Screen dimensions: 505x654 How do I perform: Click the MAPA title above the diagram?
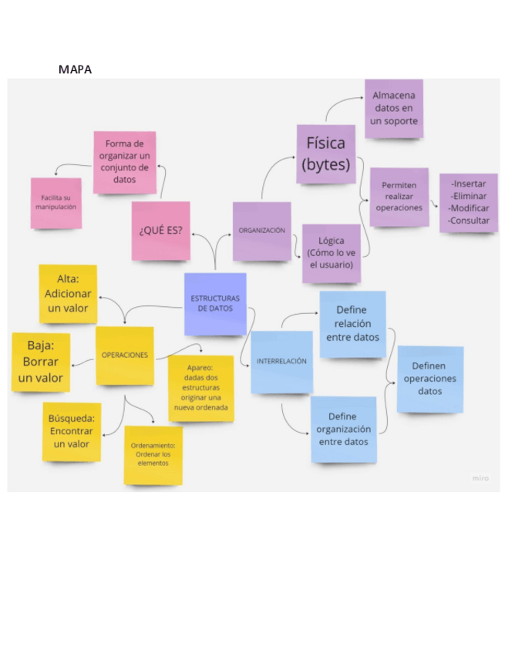[x=75, y=69]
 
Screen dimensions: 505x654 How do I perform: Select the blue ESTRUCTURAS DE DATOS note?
[x=215, y=303]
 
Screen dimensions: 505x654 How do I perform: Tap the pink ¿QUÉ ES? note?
[x=160, y=231]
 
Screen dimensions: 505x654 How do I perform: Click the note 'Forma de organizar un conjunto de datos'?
[x=124, y=162]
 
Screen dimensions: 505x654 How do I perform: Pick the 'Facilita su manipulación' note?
[x=56, y=203]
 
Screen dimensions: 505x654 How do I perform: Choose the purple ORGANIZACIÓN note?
[x=261, y=231]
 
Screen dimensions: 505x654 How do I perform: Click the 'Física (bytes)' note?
[x=326, y=153]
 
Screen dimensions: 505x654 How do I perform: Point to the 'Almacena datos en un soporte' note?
[x=393, y=108]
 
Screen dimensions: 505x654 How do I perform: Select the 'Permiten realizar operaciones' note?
[x=399, y=197]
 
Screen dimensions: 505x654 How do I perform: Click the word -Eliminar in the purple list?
[x=469, y=196]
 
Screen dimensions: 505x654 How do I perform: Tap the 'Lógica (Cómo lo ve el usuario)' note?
[x=331, y=253]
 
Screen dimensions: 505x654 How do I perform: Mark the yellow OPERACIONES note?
[x=124, y=356]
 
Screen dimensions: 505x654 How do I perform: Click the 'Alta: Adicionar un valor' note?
[x=68, y=294]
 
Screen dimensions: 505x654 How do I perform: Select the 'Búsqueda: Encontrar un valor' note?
[x=71, y=431]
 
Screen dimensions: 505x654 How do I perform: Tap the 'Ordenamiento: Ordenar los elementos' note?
[x=153, y=454]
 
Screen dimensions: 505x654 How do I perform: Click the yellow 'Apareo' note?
[x=200, y=388]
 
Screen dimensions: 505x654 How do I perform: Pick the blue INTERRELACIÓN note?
[x=281, y=361]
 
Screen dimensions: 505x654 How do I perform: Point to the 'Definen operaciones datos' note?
[x=429, y=379]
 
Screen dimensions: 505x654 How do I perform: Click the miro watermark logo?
[x=480, y=478]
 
